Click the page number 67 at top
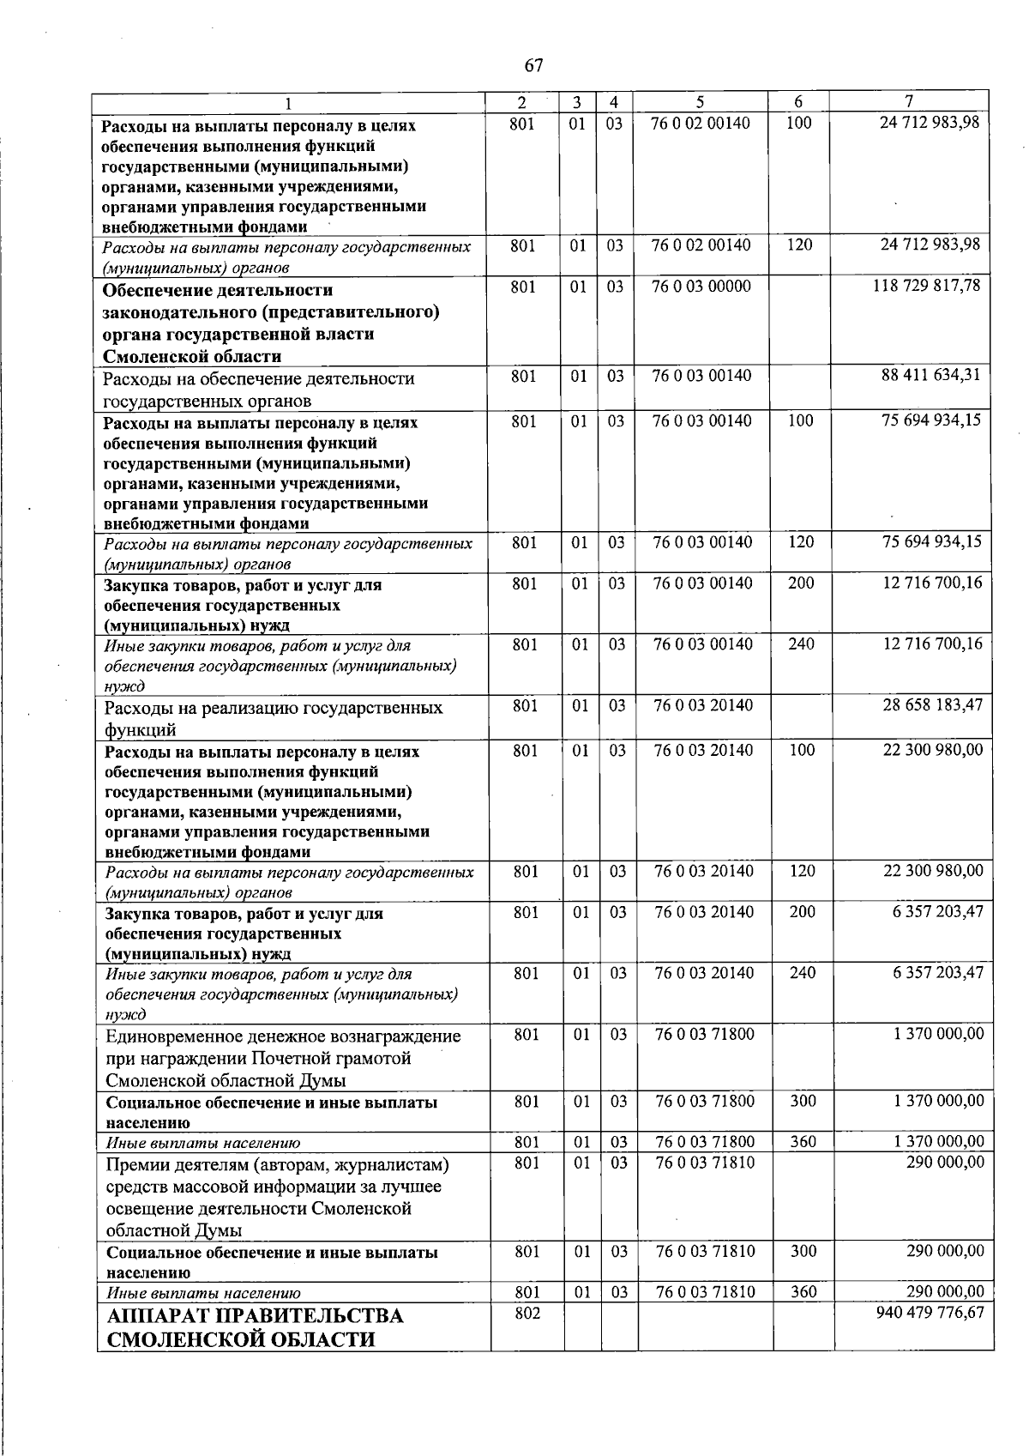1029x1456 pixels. pos(533,65)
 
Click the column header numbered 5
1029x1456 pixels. pos(701,101)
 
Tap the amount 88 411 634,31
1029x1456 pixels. pos(930,375)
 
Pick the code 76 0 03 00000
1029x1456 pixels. pos(701,286)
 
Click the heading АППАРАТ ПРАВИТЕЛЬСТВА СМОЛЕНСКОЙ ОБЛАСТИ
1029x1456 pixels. pos(255,1327)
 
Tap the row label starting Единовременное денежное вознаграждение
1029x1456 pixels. pos(283,1036)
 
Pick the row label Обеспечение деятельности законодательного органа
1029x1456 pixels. pos(271,323)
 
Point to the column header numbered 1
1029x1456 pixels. pos(289,103)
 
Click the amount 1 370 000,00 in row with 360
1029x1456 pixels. pos(938,1142)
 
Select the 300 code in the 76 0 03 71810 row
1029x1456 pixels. pos(803,1252)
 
